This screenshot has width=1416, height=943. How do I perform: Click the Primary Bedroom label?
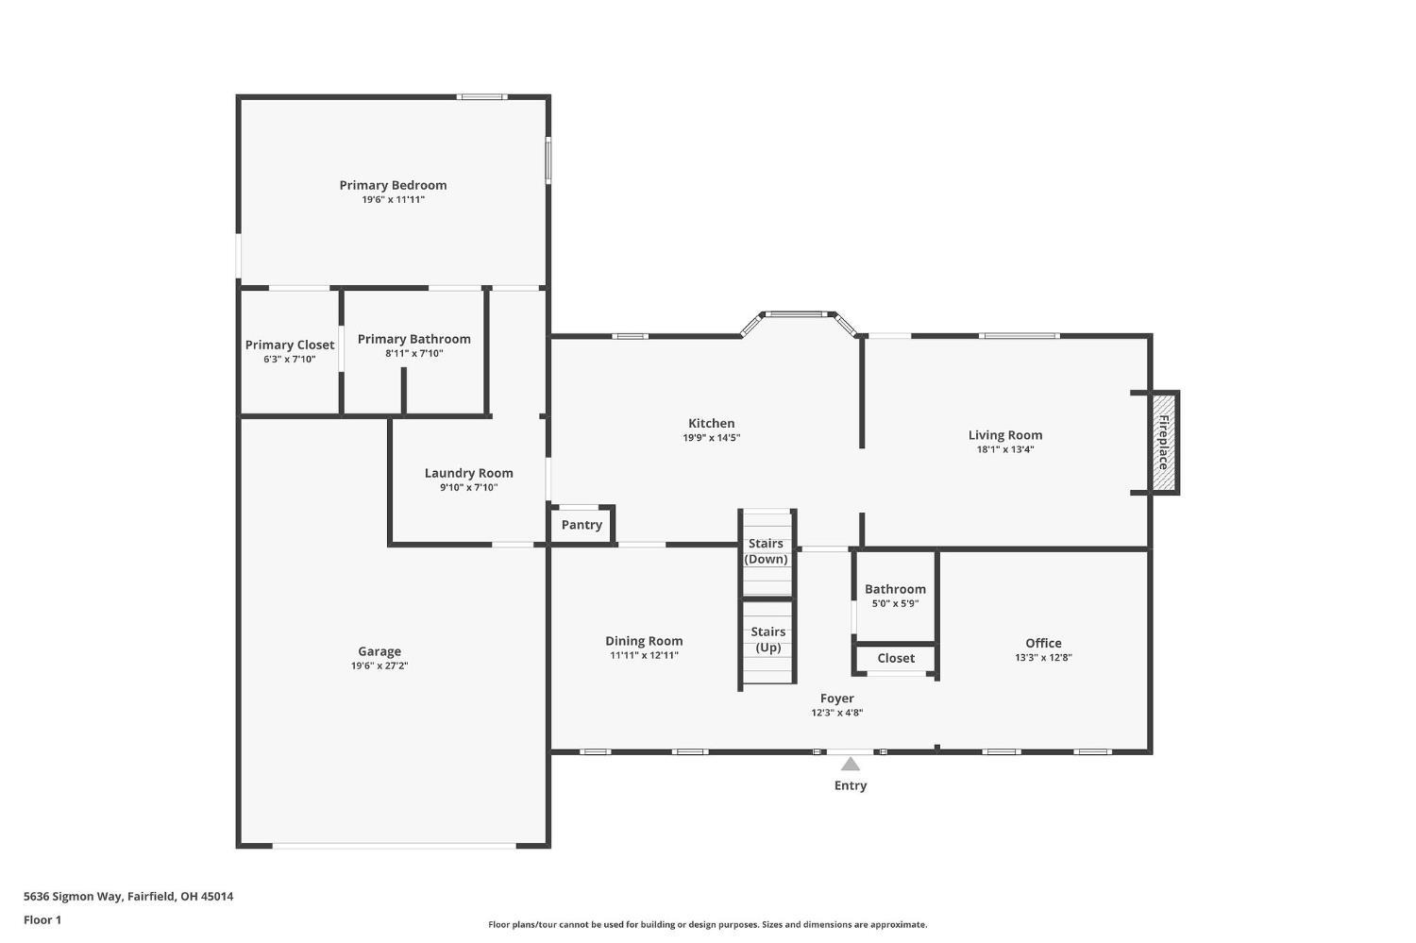click(x=393, y=185)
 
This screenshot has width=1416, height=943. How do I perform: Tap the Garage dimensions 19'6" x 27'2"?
click(x=379, y=665)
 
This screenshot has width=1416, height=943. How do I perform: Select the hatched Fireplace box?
click(x=1163, y=443)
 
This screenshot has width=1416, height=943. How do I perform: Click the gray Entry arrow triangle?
click(x=851, y=765)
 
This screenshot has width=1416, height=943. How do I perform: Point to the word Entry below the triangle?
click(x=851, y=785)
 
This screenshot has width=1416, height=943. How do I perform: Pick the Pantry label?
click(x=582, y=525)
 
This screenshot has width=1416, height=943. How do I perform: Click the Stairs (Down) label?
click(x=767, y=551)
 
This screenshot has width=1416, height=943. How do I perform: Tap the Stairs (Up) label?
click(x=768, y=640)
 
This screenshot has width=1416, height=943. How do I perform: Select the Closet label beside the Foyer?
click(x=896, y=658)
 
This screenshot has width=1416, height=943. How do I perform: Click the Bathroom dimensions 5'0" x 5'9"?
click(x=895, y=603)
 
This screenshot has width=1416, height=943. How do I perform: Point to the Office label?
click(x=1043, y=643)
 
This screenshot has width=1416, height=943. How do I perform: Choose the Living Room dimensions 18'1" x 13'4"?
click(x=1005, y=449)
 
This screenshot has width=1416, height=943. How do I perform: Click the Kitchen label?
click(x=711, y=424)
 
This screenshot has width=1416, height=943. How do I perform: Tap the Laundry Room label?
click(x=468, y=473)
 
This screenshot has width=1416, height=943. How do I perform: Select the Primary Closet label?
click(x=290, y=345)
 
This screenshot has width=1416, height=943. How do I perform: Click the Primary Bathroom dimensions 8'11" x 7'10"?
click(x=414, y=353)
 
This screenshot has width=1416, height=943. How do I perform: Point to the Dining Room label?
click(x=644, y=641)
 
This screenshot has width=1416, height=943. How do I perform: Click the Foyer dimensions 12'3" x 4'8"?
click(x=837, y=713)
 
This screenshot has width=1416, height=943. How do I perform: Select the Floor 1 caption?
click(x=42, y=919)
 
